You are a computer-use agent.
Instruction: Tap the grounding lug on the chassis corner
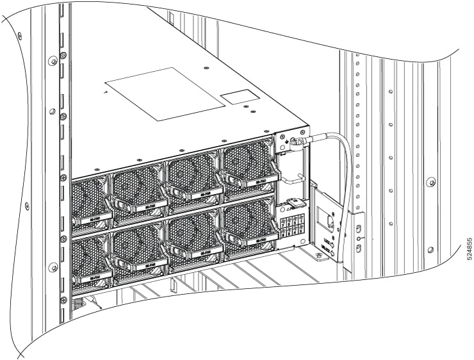(x=297, y=142)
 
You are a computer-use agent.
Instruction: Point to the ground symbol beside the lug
(x=283, y=143)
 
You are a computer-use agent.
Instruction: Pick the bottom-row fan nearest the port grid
(x=247, y=225)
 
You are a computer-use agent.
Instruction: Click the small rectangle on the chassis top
(x=238, y=98)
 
